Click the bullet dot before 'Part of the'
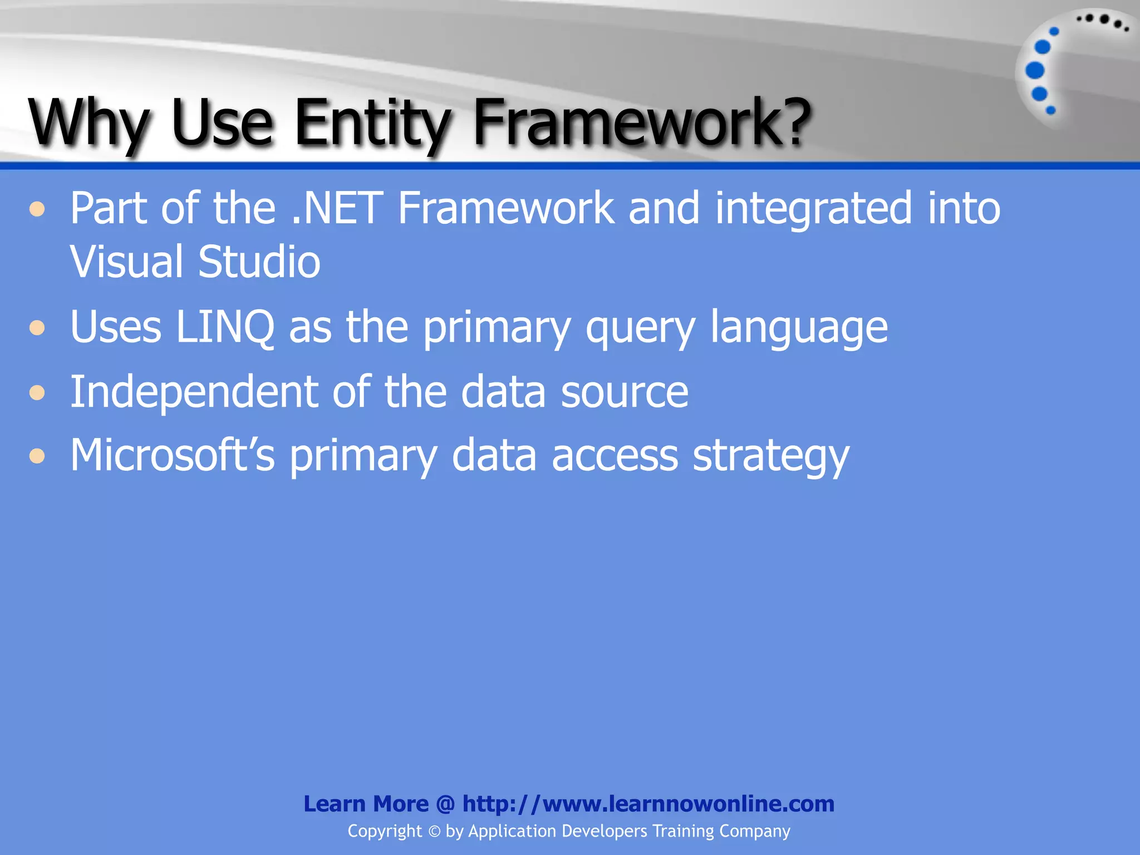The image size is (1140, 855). tap(37, 210)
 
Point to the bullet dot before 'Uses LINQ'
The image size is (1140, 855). tap(37, 328)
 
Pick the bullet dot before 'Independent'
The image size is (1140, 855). tap(37, 393)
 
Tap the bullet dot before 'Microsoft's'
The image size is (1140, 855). tap(37, 456)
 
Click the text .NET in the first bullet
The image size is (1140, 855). tap(337, 208)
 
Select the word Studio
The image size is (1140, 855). tap(259, 262)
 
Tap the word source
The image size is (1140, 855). tap(625, 393)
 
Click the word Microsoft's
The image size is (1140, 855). tap(173, 455)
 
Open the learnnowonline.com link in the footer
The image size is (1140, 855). tap(648, 804)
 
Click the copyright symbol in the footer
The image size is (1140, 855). tap(434, 832)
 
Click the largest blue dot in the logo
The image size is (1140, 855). tap(1035, 71)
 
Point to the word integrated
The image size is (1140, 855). tap(813, 209)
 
